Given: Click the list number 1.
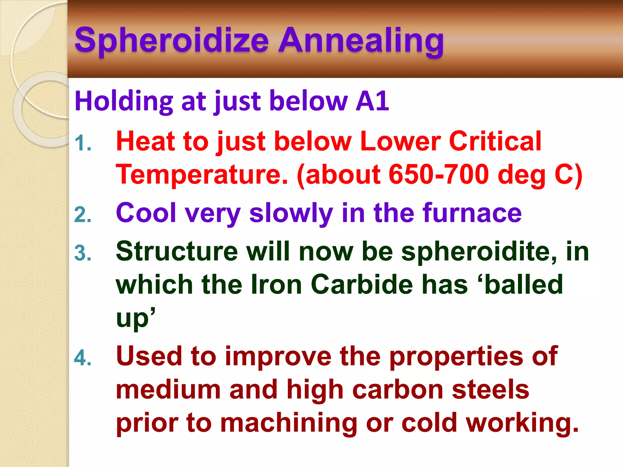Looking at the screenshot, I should click(x=82, y=143).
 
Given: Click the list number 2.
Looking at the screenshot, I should click(x=82, y=215).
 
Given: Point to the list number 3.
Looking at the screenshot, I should click(x=82, y=253).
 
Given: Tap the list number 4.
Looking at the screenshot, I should click(x=82, y=358).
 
